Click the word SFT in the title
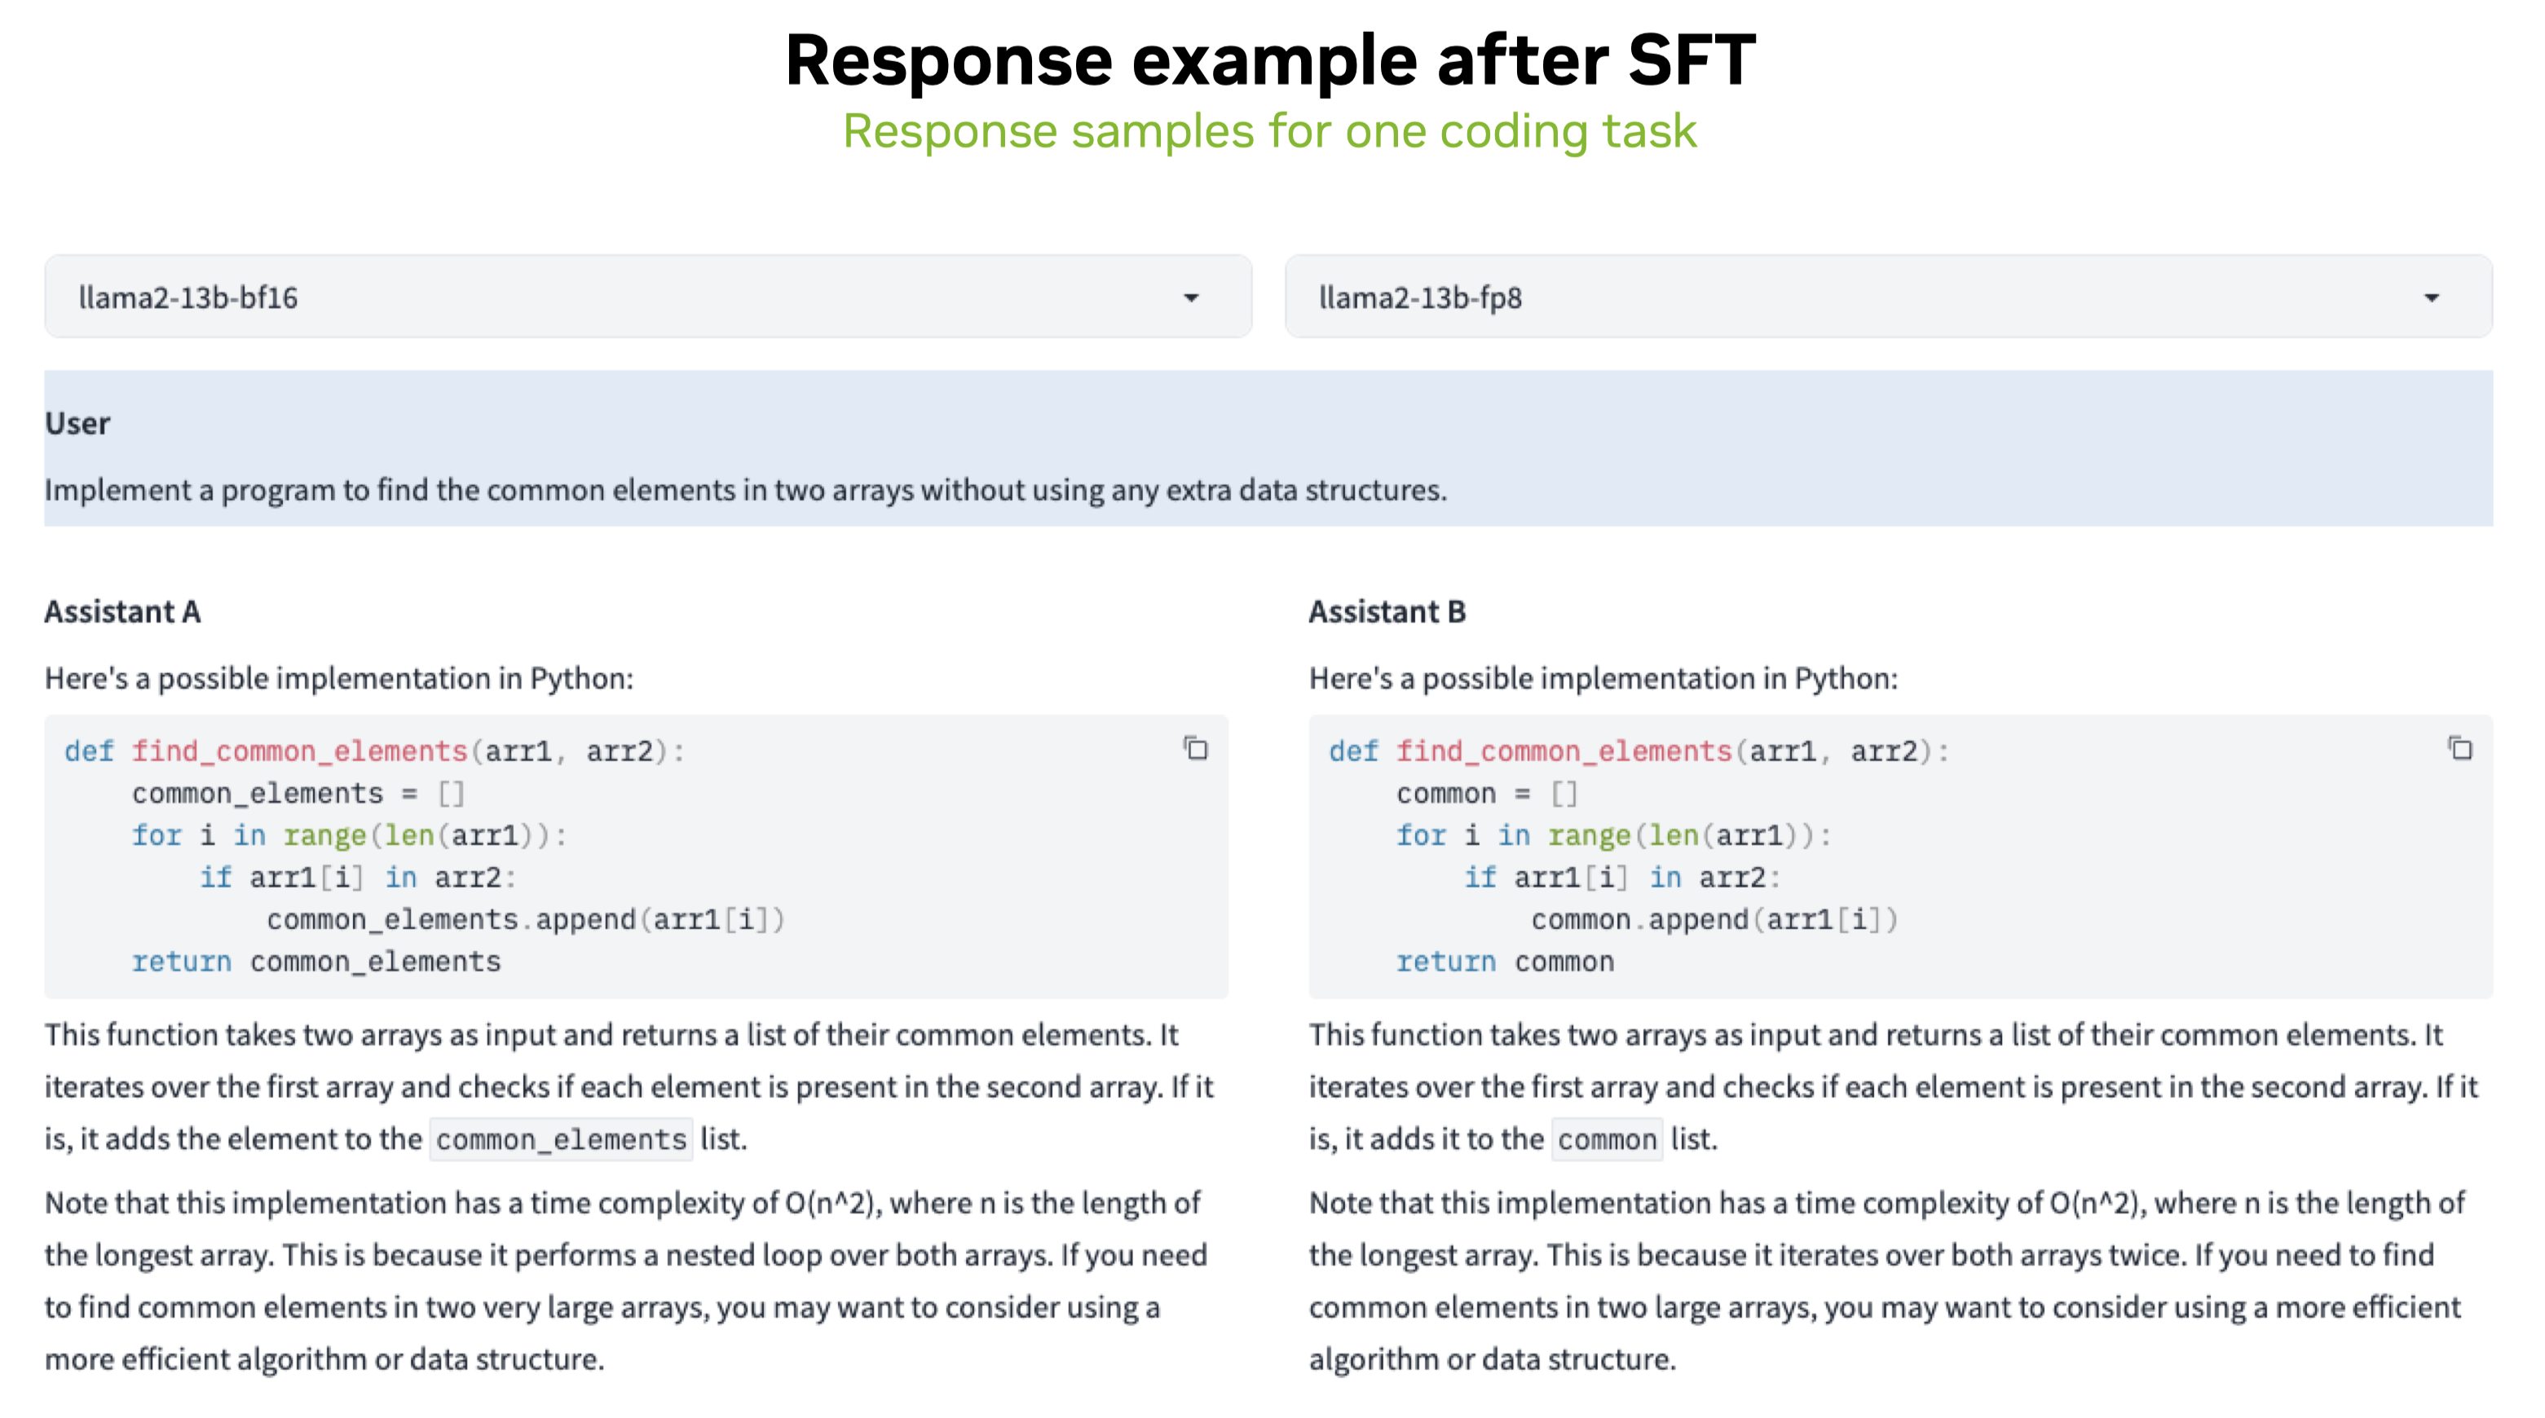tap(1691, 61)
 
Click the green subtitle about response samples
tap(1269, 131)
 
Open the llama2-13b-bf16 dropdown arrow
tap(1192, 298)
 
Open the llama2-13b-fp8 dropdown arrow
tap(2432, 298)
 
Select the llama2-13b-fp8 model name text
tap(1420, 298)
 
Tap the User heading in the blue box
tap(77, 423)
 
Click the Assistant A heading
tap(122, 611)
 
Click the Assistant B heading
tap(1387, 611)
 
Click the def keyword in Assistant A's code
tap(89, 751)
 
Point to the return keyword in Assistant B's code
tap(1445, 962)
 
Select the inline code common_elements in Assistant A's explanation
tap(561, 1139)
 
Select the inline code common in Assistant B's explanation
tap(1608, 1139)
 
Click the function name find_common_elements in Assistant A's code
tap(299, 751)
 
